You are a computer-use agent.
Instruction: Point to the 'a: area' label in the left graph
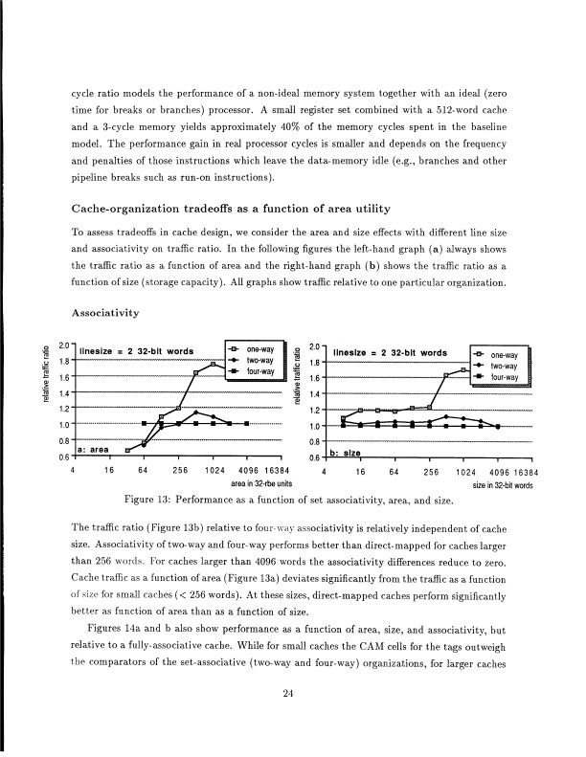point(96,448)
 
